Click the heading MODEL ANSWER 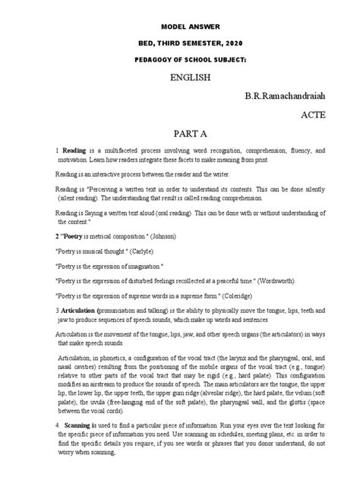click(179, 24)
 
